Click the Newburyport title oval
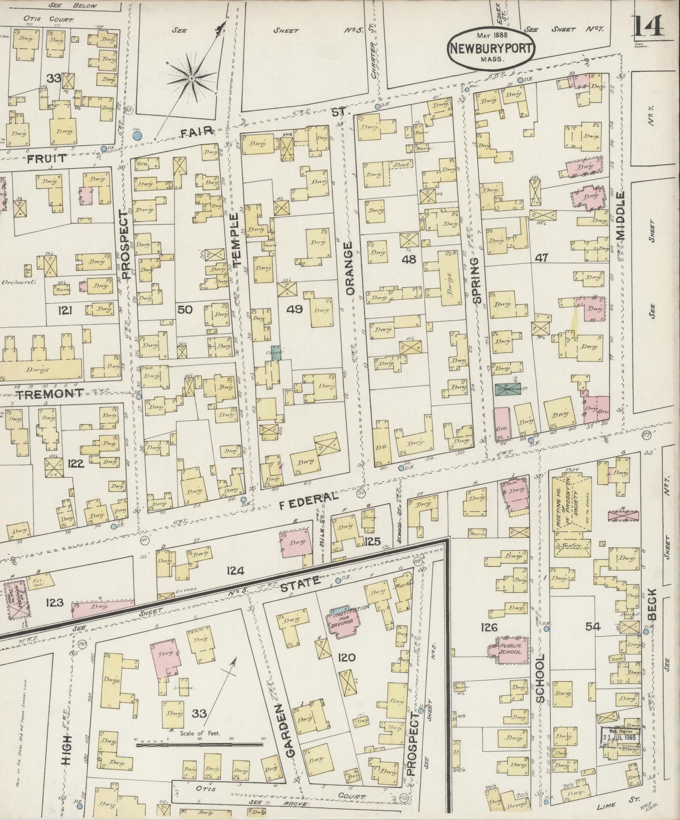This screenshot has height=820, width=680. click(x=491, y=48)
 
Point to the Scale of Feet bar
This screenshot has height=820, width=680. click(x=200, y=744)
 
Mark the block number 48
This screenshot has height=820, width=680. click(x=408, y=259)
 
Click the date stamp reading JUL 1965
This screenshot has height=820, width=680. click(x=621, y=736)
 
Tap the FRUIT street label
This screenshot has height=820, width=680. click(x=46, y=159)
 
